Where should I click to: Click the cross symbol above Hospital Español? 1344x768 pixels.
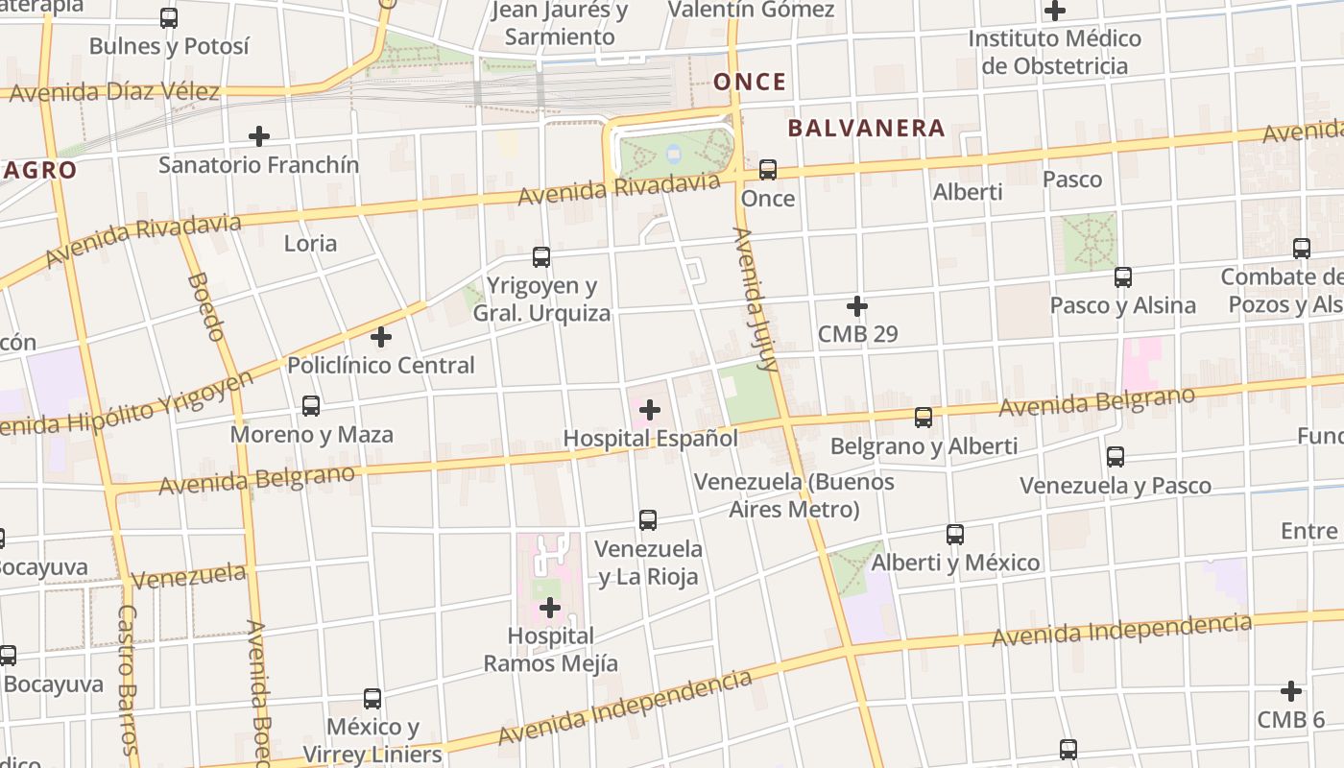coord(650,410)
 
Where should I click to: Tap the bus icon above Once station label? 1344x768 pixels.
coord(768,170)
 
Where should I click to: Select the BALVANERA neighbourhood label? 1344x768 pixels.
coord(866,128)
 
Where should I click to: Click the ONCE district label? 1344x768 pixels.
coord(750,82)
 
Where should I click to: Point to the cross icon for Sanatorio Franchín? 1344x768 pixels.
coord(259,136)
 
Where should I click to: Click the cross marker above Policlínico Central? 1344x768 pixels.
coord(381,337)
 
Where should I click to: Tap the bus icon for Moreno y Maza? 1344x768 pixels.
coord(311,406)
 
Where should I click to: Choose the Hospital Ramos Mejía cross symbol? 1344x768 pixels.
coord(550,608)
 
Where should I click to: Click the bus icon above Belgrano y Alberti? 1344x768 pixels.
coord(924,418)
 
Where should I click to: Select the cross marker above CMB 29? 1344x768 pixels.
coord(857,307)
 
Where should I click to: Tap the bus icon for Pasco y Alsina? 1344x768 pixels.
coord(1123,277)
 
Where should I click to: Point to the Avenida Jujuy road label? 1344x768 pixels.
coord(755,299)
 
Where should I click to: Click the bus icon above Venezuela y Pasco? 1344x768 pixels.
coord(1116,457)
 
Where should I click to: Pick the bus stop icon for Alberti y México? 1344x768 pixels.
coord(955,535)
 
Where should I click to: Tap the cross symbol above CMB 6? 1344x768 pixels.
coord(1291,691)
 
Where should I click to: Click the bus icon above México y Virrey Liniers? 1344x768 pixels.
coord(372,699)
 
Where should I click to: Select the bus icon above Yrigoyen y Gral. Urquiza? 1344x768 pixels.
coord(541,257)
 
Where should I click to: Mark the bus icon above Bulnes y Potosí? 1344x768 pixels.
coord(169,17)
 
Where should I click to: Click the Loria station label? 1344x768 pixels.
coord(310,243)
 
